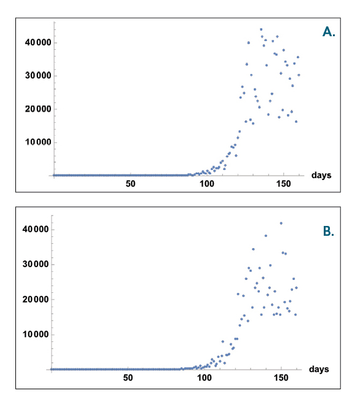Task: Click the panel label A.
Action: [329, 32]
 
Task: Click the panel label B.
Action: [329, 231]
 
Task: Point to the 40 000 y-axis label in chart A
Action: [38, 42]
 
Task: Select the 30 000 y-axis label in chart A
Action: [38, 76]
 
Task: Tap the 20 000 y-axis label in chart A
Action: [38, 109]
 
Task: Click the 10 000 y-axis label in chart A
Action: [38, 142]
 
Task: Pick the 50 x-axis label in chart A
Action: [130, 184]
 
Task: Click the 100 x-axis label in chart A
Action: [207, 184]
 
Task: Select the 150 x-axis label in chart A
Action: [283, 184]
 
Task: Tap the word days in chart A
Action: [321, 175]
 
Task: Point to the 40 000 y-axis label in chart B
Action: [36, 229]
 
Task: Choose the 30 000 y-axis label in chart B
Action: [36, 264]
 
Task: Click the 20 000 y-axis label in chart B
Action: [36, 300]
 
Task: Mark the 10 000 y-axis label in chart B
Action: [36, 335]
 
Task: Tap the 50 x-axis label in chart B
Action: [128, 378]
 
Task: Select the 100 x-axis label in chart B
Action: [204, 378]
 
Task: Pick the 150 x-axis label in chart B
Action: [281, 378]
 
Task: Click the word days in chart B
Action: [319, 369]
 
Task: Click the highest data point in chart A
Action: [261, 29]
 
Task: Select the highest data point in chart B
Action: [281, 223]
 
